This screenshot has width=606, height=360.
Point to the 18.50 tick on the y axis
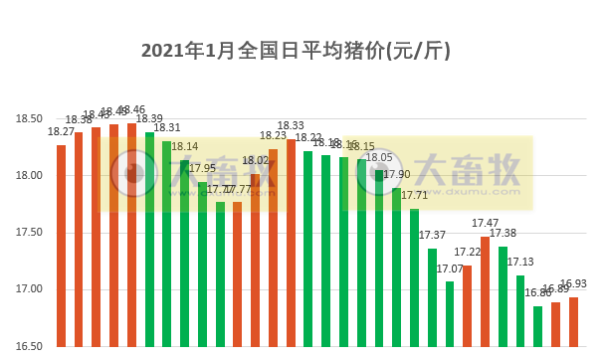(29, 119)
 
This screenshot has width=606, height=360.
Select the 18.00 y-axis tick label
(29, 176)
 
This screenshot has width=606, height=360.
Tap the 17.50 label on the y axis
(29, 233)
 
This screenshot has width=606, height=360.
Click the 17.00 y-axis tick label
(29, 289)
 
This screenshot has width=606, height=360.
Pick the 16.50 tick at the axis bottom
(29, 346)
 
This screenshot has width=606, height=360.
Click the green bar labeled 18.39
(149, 239)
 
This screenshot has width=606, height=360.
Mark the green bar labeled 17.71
(414, 277)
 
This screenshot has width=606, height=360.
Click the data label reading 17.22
(468, 253)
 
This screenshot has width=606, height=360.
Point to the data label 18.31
(167, 128)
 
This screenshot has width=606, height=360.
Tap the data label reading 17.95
(202, 168)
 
